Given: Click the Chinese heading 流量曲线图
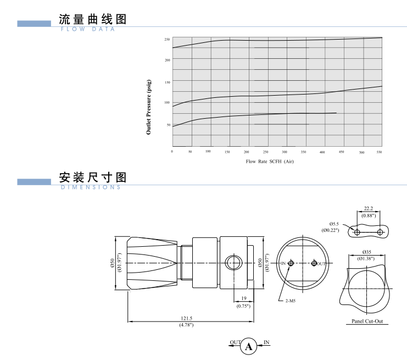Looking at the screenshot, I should pyautogui.click(x=93, y=19).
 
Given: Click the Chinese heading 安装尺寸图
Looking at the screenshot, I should pyautogui.click(x=93, y=177).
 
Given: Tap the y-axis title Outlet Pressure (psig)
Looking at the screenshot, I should pyautogui.click(x=149, y=107).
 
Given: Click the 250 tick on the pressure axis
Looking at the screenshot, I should pyautogui.click(x=167, y=40).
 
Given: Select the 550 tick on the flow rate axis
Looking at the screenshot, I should pyautogui.click(x=379, y=152).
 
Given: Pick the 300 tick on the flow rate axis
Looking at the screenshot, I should pyautogui.click(x=284, y=152).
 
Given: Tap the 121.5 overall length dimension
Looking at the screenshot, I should pyautogui.click(x=186, y=318).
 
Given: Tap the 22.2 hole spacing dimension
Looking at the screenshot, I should pyautogui.click(x=369, y=209).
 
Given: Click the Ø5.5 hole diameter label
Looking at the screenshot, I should pyautogui.click(x=334, y=224).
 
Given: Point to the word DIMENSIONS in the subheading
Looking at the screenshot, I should pyautogui.click(x=90, y=187).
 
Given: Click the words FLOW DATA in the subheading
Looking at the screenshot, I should pyautogui.click(x=88, y=30).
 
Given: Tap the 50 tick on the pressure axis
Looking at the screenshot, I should pyautogui.click(x=168, y=125).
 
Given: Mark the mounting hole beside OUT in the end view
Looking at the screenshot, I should pyautogui.click(x=314, y=263).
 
